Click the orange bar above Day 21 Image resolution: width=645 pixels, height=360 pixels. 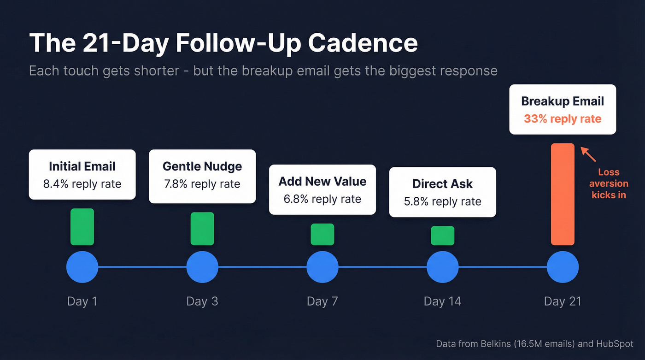coord(563,194)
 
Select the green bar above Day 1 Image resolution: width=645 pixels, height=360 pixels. coord(82,227)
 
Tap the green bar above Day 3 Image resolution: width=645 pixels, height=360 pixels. coord(202,229)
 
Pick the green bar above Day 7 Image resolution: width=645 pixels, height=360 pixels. coord(322,234)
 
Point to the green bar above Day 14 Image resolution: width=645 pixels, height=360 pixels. coord(442,236)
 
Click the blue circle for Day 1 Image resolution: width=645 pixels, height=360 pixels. coord(82,267)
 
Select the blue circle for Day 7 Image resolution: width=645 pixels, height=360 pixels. coord(322,267)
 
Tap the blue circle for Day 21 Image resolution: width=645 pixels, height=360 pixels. coord(563,267)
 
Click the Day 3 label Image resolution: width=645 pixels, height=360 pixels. coord(202,301)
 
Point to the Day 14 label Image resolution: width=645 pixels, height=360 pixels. coord(442,301)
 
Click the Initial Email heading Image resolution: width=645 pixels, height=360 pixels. coord(82,166)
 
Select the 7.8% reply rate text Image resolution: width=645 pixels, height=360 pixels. coord(202,184)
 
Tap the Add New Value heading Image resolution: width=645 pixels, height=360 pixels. coord(322,181)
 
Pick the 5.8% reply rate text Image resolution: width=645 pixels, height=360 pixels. coord(442,201)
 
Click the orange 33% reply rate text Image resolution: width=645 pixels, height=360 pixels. coord(563,119)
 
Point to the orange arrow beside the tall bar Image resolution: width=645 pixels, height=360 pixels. coord(588,154)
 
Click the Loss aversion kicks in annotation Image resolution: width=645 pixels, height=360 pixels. coord(609,183)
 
